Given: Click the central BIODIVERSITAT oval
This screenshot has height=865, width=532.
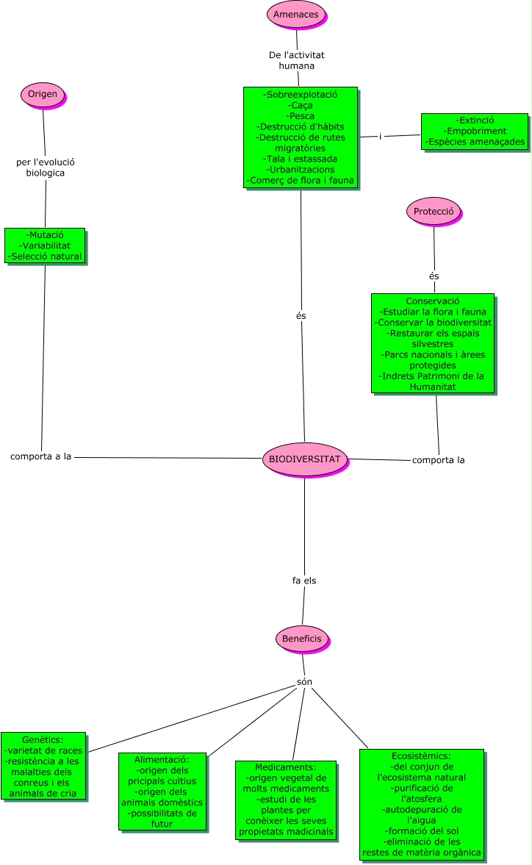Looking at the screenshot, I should pyautogui.click(x=304, y=459).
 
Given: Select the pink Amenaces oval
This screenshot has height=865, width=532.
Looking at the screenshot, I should pyautogui.click(x=295, y=14).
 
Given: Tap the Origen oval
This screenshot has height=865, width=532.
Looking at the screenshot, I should pyautogui.click(x=43, y=93).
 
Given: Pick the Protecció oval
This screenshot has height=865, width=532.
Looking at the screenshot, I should pyautogui.click(x=433, y=212).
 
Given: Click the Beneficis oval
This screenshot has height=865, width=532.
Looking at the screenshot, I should pyautogui.click(x=302, y=639).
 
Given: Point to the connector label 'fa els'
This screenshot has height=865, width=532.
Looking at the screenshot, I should pyautogui.click(x=304, y=581).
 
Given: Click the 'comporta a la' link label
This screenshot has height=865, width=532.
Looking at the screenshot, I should pyautogui.click(x=40, y=456).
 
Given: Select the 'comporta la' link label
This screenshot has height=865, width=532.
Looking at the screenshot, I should pyautogui.click(x=438, y=460).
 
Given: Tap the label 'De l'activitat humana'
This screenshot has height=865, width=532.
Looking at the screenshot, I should pyautogui.click(x=296, y=60).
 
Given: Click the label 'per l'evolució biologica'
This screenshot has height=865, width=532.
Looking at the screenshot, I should pyautogui.click(x=46, y=168).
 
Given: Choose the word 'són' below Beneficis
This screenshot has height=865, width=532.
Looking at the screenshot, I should pyautogui.click(x=304, y=682).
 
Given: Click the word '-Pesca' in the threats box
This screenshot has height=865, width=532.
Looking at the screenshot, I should pyautogui.click(x=301, y=116).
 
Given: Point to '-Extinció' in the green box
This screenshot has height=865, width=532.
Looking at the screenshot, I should pyautogui.click(x=475, y=120).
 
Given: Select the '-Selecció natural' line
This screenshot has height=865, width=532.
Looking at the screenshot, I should pyautogui.click(x=45, y=256).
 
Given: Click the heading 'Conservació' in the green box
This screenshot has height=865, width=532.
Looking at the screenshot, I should pyautogui.click(x=432, y=301).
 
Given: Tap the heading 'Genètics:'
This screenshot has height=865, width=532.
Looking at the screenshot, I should pyautogui.click(x=43, y=739).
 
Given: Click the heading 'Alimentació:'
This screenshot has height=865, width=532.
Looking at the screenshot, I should pyautogui.click(x=162, y=759).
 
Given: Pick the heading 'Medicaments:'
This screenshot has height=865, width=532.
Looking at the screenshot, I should pyautogui.click(x=285, y=767).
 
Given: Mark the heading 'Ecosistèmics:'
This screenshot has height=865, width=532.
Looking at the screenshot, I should pyautogui.click(x=421, y=755).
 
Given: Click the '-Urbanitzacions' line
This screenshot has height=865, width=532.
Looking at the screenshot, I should pyautogui.click(x=301, y=169).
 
